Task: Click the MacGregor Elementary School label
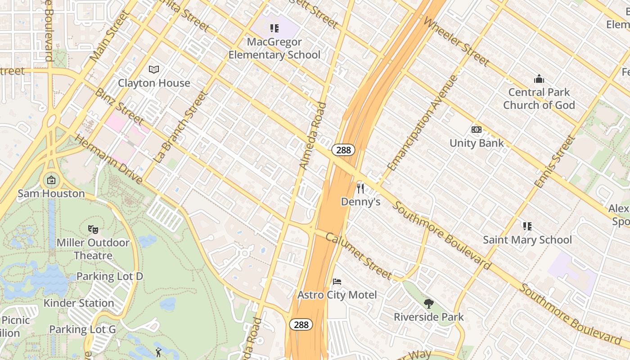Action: coord(274,49)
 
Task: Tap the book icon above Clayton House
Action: coord(154,69)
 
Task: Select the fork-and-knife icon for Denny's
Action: coord(360,188)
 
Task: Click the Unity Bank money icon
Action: coord(477,130)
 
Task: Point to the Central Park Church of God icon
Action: coord(539,79)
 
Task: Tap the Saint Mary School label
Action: coord(527,240)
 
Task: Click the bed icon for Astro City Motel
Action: coord(337,282)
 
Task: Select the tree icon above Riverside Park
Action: coord(429,303)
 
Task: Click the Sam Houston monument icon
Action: coord(51,180)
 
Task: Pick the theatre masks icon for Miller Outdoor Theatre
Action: coord(93,229)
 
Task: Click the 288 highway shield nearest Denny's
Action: coord(343,150)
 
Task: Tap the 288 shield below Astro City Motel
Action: coord(301,324)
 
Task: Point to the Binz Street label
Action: coord(119,107)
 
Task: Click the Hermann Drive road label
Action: coord(108,159)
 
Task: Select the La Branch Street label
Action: coord(180,127)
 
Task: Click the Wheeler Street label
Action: coord(456,41)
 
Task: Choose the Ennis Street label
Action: coord(554,161)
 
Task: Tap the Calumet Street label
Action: coord(359,255)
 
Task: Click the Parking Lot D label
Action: coord(109,276)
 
